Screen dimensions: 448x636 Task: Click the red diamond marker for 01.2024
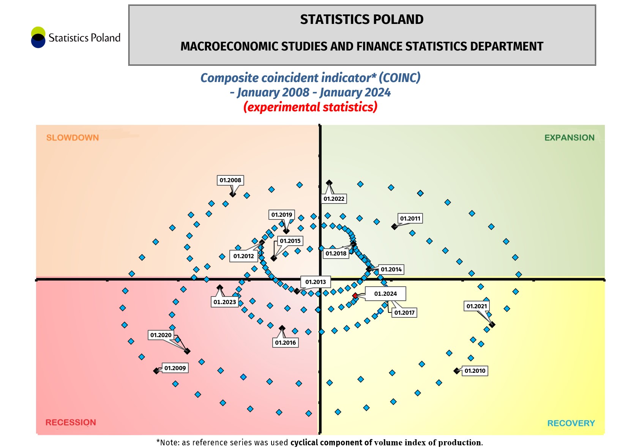click(x=355, y=296)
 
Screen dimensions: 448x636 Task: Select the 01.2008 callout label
click(x=230, y=180)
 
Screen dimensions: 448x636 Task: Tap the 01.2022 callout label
click(x=334, y=199)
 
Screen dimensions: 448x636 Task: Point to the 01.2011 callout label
click(x=410, y=219)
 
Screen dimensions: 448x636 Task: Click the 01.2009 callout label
click(x=175, y=368)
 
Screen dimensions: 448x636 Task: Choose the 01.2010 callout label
click(x=475, y=371)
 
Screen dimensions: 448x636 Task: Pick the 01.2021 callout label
click(x=477, y=306)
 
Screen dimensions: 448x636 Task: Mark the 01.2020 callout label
click(x=161, y=335)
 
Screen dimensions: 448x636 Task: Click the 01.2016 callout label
click(x=285, y=343)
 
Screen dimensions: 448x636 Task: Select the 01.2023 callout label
click(x=225, y=302)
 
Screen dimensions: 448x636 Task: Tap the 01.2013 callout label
click(x=316, y=282)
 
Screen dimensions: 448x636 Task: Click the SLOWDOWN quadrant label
click(x=73, y=138)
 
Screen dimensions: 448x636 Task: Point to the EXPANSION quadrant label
click(x=569, y=138)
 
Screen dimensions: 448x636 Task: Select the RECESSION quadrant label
click(x=71, y=423)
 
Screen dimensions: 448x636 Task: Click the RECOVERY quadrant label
click(x=571, y=423)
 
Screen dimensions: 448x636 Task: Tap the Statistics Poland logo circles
click(x=38, y=37)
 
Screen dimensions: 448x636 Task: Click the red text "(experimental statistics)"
click(x=310, y=107)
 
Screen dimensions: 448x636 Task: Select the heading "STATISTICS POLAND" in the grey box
click(x=361, y=19)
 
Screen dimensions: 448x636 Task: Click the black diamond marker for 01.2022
click(x=329, y=183)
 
